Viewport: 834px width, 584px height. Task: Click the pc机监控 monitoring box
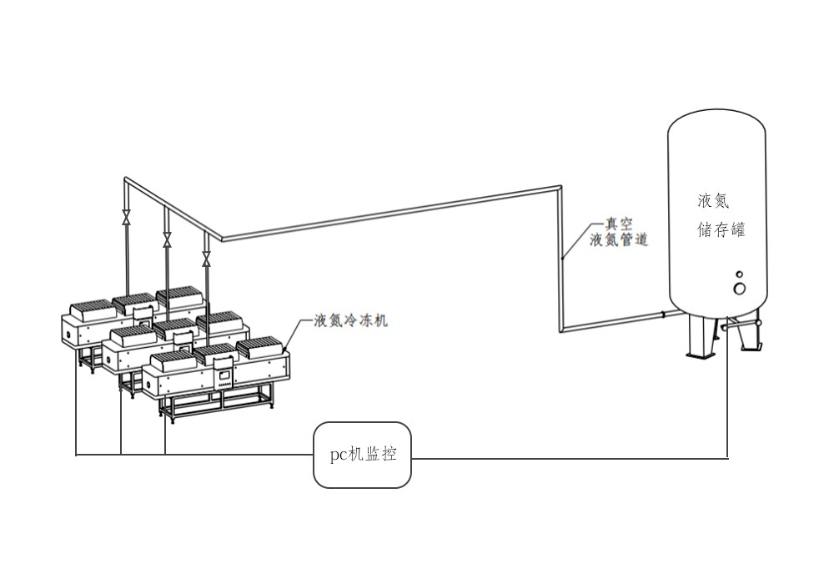click(362, 456)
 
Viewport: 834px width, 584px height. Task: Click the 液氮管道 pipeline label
click(618, 240)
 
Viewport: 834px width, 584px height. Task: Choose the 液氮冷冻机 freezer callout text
click(350, 320)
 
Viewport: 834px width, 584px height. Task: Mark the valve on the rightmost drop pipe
click(206, 260)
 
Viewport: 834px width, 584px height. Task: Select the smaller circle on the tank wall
click(738, 274)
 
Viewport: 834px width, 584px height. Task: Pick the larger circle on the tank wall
click(739, 288)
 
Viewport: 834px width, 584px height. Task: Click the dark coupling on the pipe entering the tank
click(663, 315)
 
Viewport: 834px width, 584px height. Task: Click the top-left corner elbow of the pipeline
click(125, 179)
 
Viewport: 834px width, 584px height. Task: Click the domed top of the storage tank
click(716, 121)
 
